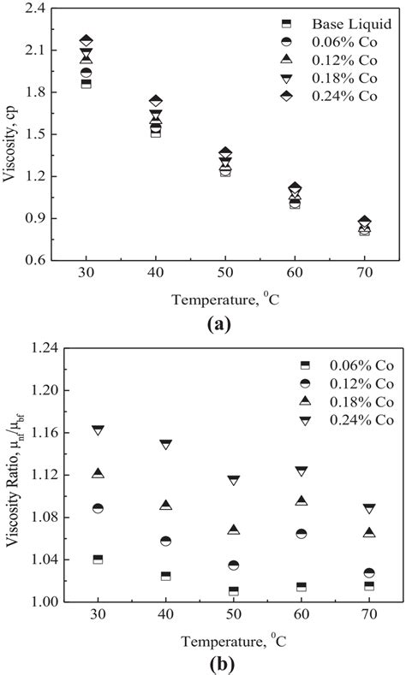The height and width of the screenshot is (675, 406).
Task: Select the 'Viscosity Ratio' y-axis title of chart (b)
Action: point(11,475)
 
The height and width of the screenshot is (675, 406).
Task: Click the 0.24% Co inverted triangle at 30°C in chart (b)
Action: point(98,430)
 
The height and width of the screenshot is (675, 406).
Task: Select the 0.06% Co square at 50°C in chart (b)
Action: point(233,590)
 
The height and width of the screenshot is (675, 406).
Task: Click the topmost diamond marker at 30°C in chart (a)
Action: point(86,41)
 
